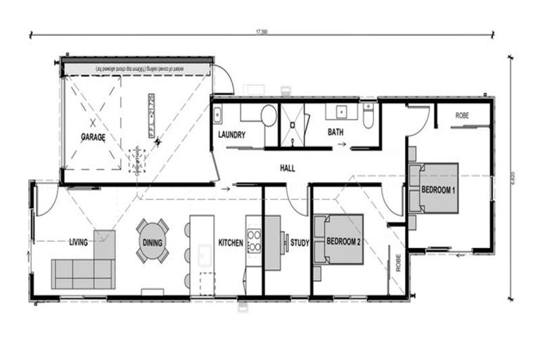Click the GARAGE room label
[93, 138]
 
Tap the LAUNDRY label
[231, 135]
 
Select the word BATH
[334, 131]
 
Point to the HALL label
[286, 169]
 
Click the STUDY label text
[300, 243]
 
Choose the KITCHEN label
[231, 243]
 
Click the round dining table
[153, 240]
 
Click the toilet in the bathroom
[368, 115]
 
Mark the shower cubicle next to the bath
[293, 125]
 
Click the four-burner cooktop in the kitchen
[253, 240]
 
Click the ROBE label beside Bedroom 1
[462, 115]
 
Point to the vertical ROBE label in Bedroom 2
[398, 262]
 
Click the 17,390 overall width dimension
[262, 32]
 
